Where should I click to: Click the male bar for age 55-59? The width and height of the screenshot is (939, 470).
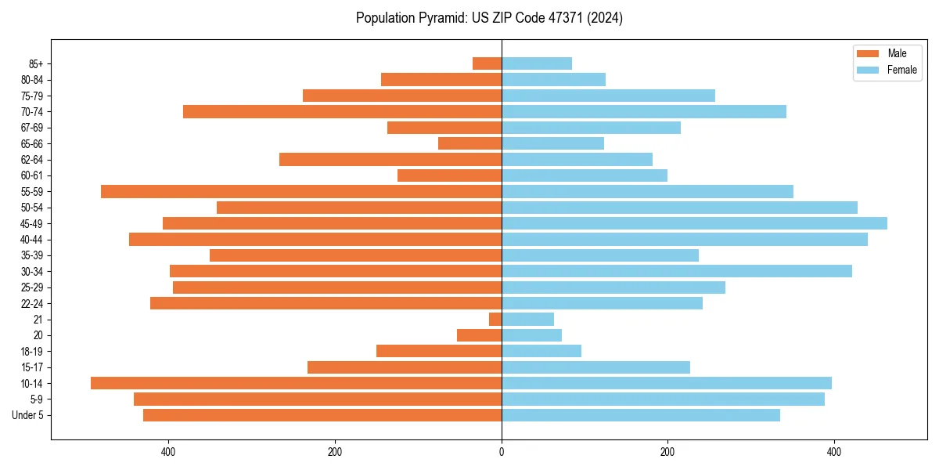click(x=301, y=191)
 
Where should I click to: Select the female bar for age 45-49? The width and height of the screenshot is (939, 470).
click(x=694, y=223)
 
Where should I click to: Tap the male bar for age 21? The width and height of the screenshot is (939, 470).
click(x=495, y=319)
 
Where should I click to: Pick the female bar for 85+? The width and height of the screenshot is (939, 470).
click(x=537, y=63)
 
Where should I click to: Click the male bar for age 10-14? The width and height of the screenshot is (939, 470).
click(x=296, y=383)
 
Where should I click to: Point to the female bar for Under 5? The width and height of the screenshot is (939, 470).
click(x=641, y=415)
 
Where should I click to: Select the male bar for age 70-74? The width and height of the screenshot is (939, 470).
click(x=342, y=111)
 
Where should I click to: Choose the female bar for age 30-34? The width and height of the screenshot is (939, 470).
click(x=677, y=271)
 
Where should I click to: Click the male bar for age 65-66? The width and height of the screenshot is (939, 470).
click(x=469, y=143)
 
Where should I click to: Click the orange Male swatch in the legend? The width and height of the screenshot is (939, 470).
click(x=868, y=53)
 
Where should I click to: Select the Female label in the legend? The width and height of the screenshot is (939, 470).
click(x=901, y=70)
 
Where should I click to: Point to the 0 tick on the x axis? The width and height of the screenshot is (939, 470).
click(x=502, y=452)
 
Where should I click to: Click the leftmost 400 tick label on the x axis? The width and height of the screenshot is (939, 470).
click(x=168, y=452)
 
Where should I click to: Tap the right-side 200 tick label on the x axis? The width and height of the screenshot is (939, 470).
click(x=667, y=452)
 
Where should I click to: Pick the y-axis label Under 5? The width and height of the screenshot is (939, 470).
click(x=27, y=415)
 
